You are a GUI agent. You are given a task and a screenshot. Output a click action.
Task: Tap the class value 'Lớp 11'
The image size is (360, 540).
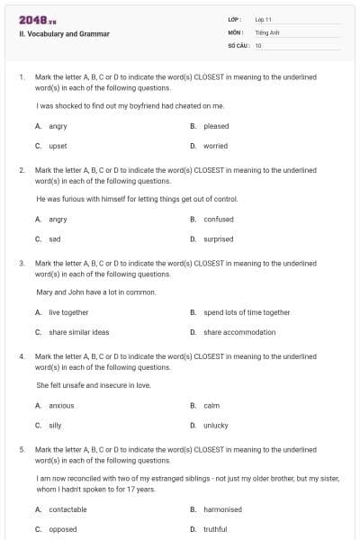coord(264,18)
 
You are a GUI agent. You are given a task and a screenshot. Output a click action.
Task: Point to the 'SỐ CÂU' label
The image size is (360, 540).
coord(238,45)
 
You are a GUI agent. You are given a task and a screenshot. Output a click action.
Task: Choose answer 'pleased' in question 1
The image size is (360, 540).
coord(216,126)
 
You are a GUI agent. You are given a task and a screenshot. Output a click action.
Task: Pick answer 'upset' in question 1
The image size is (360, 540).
coord(58,146)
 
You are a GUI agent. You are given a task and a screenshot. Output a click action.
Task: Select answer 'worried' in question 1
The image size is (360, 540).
coord(215,146)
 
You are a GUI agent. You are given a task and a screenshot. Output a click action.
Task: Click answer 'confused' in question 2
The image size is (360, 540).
coord(219,219)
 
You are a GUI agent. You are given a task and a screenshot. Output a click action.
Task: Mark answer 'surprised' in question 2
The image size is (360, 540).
coord(219,239)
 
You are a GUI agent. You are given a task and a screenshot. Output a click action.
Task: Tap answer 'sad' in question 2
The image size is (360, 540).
coord(55,239)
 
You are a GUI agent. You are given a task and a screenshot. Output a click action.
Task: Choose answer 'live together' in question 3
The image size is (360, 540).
coord(68,312)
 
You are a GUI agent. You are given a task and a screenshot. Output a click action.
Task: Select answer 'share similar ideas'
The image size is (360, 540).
coord(79,332)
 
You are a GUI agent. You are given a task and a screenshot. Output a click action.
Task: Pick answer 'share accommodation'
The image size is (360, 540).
coord(239,332)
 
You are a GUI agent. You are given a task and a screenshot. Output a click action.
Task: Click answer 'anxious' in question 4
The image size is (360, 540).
coord(61,405)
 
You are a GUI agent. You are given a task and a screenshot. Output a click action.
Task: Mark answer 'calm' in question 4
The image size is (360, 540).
coord(211,405)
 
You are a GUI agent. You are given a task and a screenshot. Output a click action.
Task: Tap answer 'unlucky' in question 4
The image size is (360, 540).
coord(216,426)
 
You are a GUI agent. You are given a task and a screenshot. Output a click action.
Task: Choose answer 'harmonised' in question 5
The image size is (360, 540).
coord(222,509)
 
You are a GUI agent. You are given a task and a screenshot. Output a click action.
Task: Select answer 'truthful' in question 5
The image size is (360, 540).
coord(215,529)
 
